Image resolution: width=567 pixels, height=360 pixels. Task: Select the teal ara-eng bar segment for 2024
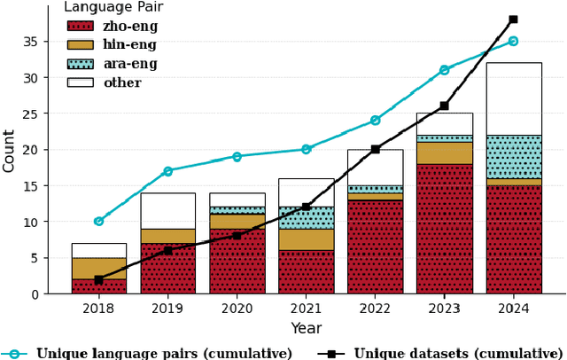click(513, 157)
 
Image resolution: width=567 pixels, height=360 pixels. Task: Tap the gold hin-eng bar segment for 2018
click(98, 269)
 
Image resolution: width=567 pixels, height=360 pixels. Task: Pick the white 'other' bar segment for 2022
click(375, 168)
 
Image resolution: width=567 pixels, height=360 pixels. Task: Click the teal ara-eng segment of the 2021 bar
click(306, 218)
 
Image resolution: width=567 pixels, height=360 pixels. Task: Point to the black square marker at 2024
click(513, 20)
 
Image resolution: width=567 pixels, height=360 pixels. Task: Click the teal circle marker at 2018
click(98, 221)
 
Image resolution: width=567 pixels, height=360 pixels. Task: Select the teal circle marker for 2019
click(167, 171)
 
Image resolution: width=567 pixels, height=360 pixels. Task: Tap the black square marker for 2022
click(375, 149)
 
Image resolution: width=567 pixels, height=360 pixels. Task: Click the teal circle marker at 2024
click(513, 41)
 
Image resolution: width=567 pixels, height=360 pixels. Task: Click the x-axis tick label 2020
click(237, 309)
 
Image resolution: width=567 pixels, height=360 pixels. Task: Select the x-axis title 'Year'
click(306, 328)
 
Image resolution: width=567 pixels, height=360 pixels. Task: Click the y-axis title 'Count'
click(10, 151)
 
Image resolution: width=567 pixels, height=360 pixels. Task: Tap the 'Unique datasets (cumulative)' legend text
click(458, 353)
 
